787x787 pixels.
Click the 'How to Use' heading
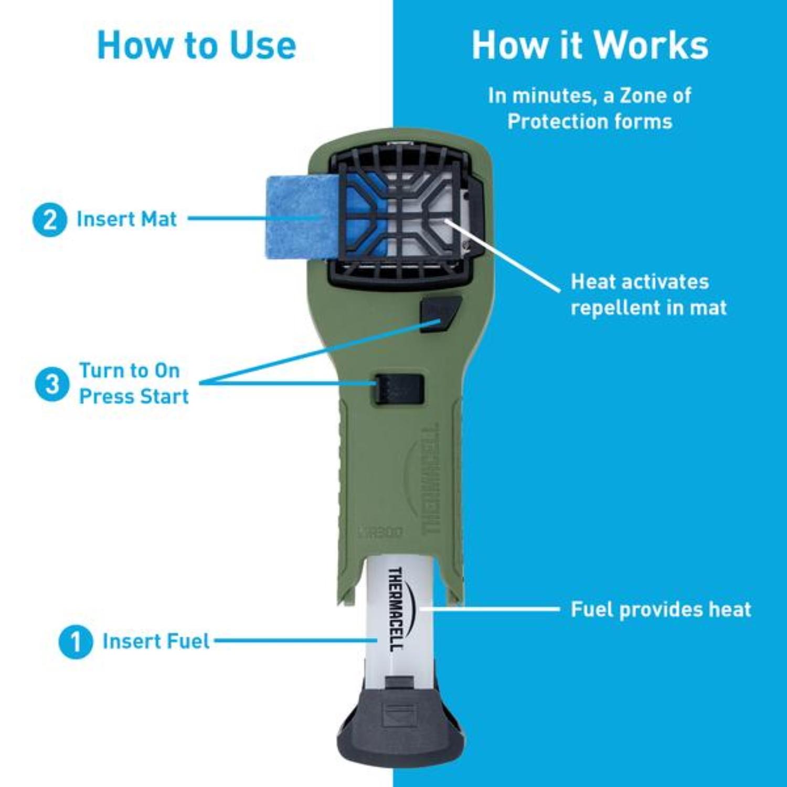(197, 45)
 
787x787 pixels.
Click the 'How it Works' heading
(590, 45)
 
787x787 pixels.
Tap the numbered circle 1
(76, 642)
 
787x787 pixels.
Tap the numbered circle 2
(50, 220)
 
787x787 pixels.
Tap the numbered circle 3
(52, 384)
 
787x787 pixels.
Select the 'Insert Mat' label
(126, 219)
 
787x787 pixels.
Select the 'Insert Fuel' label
(156, 641)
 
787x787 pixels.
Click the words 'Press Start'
(134, 397)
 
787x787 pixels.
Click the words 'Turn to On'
(130, 370)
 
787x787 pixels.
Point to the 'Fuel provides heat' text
(661, 610)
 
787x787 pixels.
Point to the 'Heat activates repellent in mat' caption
(648, 294)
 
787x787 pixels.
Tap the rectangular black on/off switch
(399, 389)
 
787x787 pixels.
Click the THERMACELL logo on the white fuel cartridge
(396, 609)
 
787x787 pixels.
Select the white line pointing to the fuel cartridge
(491, 609)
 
